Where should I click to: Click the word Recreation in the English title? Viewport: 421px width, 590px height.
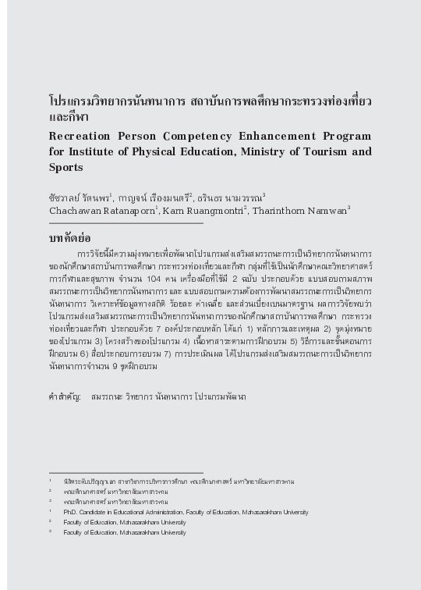tap(77, 137)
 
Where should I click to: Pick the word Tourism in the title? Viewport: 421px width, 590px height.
tap(325, 151)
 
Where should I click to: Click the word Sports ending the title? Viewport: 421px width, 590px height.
tap(65, 167)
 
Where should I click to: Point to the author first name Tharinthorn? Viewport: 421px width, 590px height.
tap(279, 211)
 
